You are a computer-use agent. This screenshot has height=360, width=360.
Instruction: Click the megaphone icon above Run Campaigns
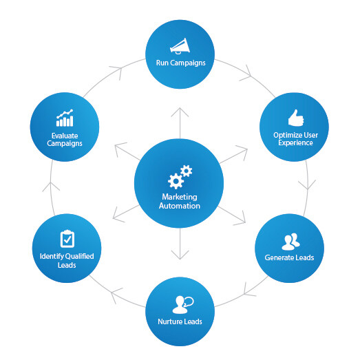[x=180, y=46]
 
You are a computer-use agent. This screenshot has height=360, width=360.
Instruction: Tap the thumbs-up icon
[x=296, y=118]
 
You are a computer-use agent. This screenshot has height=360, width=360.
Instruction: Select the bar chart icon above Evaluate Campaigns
[x=65, y=118]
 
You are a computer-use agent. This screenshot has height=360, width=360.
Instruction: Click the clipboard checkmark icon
[x=67, y=239]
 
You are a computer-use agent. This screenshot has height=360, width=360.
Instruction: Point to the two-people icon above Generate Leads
[x=290, y=242]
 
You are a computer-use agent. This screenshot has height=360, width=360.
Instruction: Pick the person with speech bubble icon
[x=183, y=305]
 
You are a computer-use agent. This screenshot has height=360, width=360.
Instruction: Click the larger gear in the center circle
[x=176, y=181]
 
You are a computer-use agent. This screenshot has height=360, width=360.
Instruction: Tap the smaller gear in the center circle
[x=187, y=171]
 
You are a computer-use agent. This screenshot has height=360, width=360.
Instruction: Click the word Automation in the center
[x=180, y=206]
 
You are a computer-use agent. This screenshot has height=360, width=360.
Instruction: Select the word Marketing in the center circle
[x=180, y=197]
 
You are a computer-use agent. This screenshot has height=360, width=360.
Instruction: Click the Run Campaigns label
[x=181, y=63]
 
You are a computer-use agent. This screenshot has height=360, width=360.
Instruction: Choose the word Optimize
[x=285, y=135]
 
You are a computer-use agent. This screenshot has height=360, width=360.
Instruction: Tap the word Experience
[x=295, y=142]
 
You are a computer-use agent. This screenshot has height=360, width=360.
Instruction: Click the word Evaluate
[x=65, y=136]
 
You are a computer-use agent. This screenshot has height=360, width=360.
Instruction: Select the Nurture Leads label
[x=180, y=321]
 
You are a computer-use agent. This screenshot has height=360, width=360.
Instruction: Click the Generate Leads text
[x=289, y=257]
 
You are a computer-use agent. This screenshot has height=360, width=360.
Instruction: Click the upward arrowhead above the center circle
[x=180, y=112]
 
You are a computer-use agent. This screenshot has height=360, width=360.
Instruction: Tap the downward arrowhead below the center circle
[x=180, y=255]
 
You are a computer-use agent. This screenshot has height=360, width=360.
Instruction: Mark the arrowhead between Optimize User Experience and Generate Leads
[x=307, y=185]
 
